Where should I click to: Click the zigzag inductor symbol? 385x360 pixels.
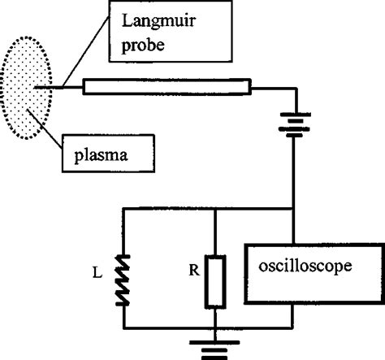[123, 279]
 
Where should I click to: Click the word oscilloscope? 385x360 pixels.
[309, 265]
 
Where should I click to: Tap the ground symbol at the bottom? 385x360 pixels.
[214, 347]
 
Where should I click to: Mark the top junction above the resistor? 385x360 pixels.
[214, 209]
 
